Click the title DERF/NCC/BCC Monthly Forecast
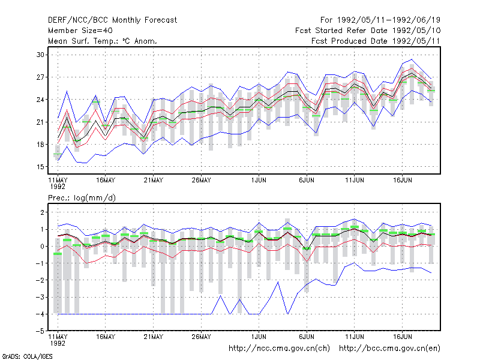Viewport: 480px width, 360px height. [x=112, y=20]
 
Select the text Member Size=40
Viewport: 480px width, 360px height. [x=80, y=31]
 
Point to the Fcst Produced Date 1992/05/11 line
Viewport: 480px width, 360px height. [x=376, y=41]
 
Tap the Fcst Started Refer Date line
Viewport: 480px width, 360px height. [x=368, y=31]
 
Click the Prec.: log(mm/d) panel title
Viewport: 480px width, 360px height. [x=82, y=198]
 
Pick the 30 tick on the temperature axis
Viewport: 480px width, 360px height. [x=40, y=55]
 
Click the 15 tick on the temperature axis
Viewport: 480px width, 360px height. [x=40, y=167]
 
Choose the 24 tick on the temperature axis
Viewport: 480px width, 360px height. [x=40, y=100]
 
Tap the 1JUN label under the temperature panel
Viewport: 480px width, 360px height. [x=259, y=181]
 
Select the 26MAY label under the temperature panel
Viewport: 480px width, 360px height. [x=201, y=181]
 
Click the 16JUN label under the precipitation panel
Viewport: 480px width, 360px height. [x=402, y=337]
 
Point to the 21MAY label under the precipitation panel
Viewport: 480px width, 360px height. [x=154, y=337]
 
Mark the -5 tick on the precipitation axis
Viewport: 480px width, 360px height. [x=40, y=331]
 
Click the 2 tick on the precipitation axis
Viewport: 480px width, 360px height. [x=42, y=212]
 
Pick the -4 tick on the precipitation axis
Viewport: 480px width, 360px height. [x=40, y=314]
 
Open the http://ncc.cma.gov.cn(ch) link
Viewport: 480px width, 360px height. [x=279, y=349]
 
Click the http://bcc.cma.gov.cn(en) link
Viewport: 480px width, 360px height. [x=389, y=349]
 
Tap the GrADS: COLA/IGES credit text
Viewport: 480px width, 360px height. [x=27, y=356]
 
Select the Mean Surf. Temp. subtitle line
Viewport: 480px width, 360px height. [x=103, y=41]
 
